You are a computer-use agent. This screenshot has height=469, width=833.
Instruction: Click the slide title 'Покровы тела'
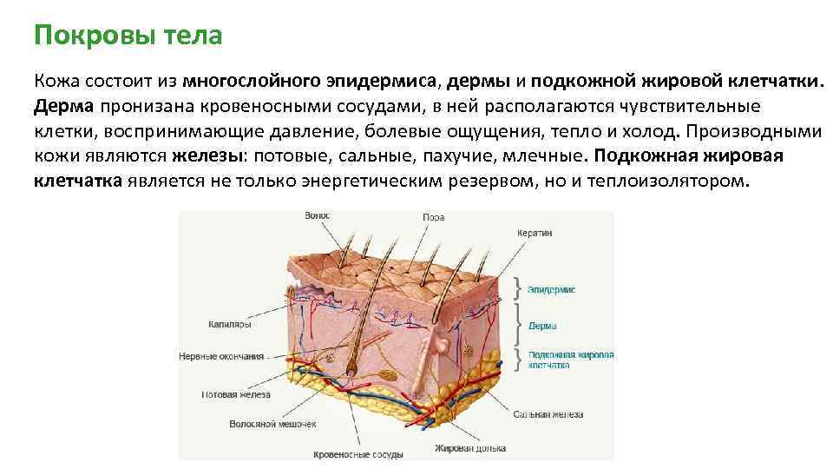pos(128,36)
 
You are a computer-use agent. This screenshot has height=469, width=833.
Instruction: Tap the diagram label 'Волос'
pos(318,215)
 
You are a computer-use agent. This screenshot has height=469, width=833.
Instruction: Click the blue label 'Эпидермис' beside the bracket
pos(552,289)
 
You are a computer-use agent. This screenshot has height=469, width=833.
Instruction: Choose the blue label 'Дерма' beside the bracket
pos(542,327)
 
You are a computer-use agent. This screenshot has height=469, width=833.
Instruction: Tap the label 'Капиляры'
pos(229,324)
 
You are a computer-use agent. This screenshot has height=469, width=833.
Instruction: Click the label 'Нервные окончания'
pos(220,356)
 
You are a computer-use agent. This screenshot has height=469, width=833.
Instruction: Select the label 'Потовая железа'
pos(235,394)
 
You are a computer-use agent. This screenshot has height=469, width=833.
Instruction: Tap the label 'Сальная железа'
pos(548,414)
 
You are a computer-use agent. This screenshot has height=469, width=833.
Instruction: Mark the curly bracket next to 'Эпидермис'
pos(518,288)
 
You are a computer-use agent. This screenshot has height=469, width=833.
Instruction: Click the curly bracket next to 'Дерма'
pos(518,325)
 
